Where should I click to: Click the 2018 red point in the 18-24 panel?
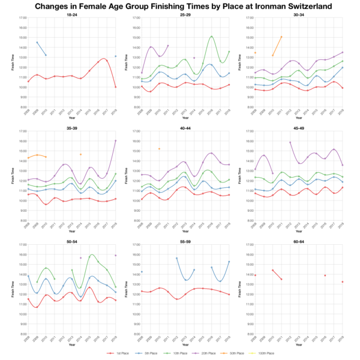[115, 87]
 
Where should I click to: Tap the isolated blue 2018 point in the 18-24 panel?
[115, 56]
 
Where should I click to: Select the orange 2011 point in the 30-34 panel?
[281, 37]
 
